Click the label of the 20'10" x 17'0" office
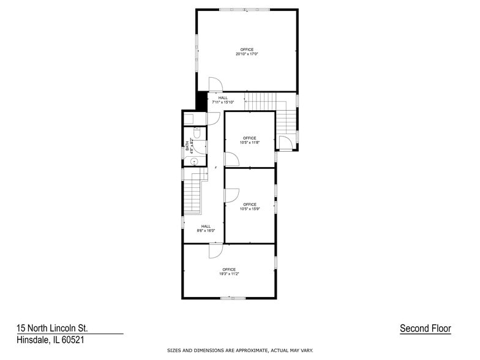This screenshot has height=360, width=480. click(247, 51)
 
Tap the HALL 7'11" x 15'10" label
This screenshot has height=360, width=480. click(223, 100)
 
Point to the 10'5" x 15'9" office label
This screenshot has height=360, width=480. click(249, 206)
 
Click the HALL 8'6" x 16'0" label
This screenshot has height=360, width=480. click(206, 228)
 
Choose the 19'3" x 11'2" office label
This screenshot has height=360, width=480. click(229, 271)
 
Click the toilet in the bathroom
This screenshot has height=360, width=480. click(198, 133)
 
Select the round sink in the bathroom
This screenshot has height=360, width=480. click(193, 162)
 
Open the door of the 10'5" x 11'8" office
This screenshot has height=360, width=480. click(231, 159)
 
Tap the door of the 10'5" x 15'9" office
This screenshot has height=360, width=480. click(231, 195)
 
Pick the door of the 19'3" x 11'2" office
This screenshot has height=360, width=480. click(216, 250)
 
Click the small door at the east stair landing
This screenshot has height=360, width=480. click(285, 144)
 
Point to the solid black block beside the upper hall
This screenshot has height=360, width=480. click(201, 100)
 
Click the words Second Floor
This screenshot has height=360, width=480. click(425, 329)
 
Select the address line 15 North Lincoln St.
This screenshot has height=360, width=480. click(56, 328)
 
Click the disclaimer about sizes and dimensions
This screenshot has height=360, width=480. click(240, 350)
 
